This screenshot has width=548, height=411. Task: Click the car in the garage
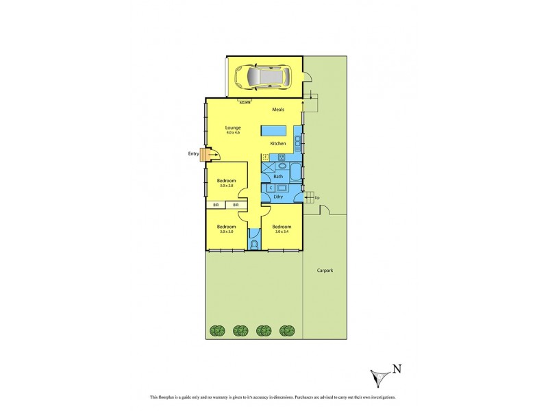(x=262, y=77)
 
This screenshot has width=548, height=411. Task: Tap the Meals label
(x=278, y=110)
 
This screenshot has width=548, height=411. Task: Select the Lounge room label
(x=234, y=127)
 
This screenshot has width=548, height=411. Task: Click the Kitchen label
(x=277, y=143)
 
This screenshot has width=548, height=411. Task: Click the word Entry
(x=193, y=153)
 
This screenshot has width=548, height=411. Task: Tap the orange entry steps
(x=204, y=155)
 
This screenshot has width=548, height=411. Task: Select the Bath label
(x=277, y=176)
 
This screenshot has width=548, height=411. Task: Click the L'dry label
(x=277, y=198)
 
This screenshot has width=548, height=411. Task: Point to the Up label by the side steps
(x=316, y=198)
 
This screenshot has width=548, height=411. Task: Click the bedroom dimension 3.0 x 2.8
(x=227, y=186)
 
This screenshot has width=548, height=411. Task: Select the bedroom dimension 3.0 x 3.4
(x=282, y=232)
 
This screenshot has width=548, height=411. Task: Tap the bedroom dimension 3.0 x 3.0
(x=226, y=232)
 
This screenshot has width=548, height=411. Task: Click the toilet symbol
(x=255, y=245)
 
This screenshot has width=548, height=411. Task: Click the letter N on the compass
(x=397, y=370)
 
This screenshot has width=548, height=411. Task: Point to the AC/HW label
(x=245, y=102)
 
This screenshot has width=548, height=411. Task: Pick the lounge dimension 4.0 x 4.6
(x=234, y=132)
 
